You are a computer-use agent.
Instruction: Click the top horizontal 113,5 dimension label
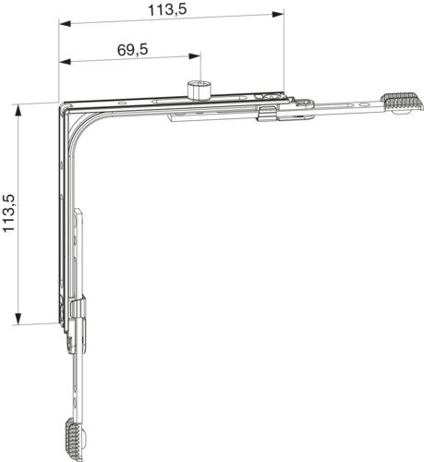[167, 10]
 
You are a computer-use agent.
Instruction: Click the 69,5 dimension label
[133, 50]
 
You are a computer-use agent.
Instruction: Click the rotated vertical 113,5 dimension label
[9, 213]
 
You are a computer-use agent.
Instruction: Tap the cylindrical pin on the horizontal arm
[199, 91]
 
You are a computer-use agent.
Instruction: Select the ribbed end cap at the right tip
[402, 102]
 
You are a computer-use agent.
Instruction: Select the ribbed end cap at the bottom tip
[74, 439]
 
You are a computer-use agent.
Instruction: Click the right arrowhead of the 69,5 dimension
[195, 56]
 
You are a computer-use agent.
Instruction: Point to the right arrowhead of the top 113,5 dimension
[277, 14]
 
